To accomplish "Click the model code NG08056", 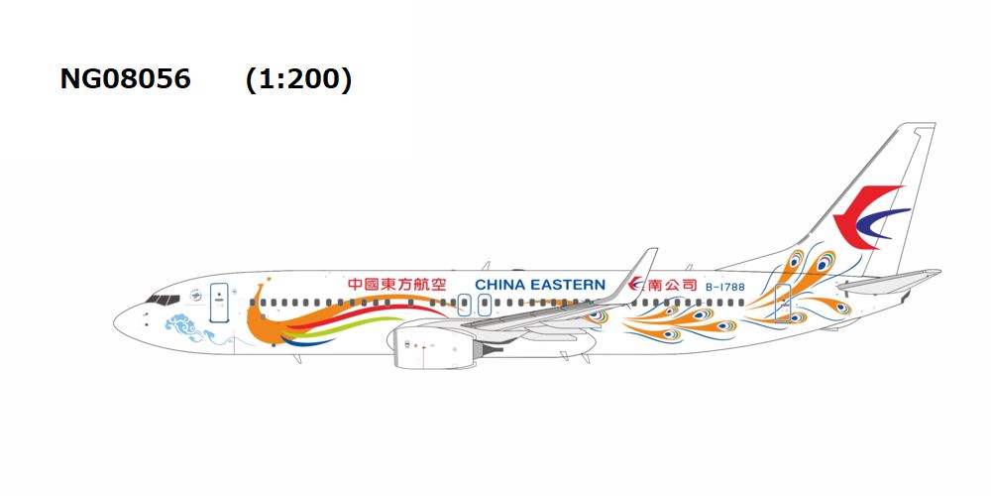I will click(125, 79).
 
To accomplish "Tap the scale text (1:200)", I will click(298, 79).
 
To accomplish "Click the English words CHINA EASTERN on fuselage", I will click(539, 285).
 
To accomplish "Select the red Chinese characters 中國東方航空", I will click(397, 285).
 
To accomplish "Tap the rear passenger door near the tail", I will click(782, 303).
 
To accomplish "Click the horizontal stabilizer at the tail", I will click(887, 280).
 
